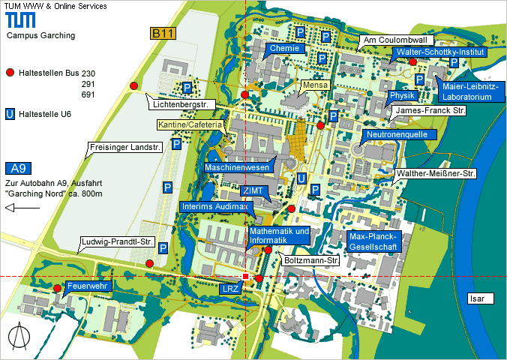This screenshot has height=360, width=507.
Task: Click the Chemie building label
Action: (x=285, y=49)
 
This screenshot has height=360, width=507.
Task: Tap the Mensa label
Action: (x=316, y=86)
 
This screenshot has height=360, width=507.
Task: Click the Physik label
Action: (x=403, y=96)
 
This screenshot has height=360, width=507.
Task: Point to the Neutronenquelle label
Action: (x=395, y=135)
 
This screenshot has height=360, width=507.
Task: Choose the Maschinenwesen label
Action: (x=237, y=168)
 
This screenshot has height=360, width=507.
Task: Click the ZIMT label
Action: (x=251, y=191)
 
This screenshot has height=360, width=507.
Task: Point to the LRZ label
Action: (x=230, y=288)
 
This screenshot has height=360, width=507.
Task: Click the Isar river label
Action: (x=478, y=298)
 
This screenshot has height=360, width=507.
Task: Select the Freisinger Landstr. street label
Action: (x=124, y=148)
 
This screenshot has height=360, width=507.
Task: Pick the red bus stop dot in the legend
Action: (x=10, y=73)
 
